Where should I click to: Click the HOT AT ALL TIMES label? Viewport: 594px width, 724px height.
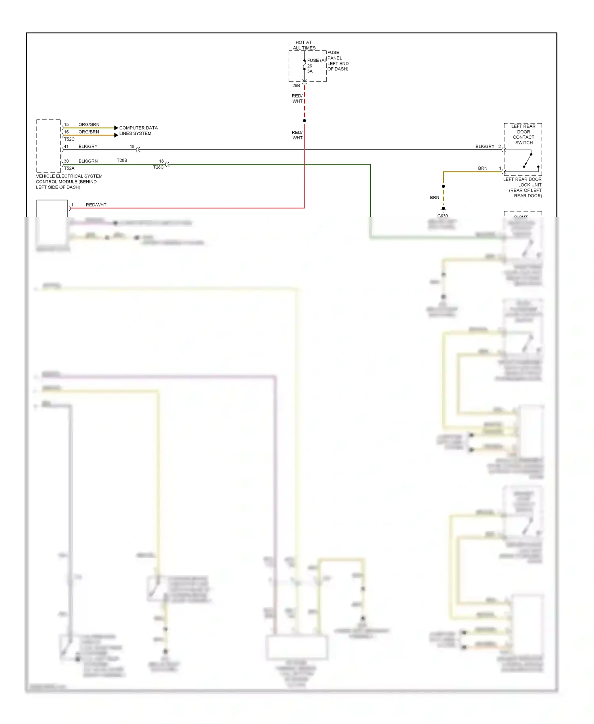(x=304, y=45)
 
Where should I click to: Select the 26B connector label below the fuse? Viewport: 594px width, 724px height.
(x=296, y=86)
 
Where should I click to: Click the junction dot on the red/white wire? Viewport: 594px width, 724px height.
(x=304, y=120)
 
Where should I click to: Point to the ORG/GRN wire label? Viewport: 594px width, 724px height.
(x=89, y=124)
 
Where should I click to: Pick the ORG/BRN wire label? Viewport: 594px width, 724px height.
(x=89, y=132)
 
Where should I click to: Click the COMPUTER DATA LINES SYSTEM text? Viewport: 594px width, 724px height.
(x=138, y=131)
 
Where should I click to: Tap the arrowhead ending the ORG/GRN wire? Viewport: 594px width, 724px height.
(x=116, y=128)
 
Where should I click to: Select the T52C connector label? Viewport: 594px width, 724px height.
(x=69, y=139)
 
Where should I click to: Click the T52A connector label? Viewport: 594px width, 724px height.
(x=69, y=168)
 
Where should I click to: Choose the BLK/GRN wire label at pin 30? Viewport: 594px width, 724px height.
(x=88, y=161)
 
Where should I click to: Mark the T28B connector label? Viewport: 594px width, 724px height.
(x=122, y=160)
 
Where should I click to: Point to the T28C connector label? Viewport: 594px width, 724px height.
(x=158, y=167)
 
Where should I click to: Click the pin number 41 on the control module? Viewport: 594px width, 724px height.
(x=66, y=147)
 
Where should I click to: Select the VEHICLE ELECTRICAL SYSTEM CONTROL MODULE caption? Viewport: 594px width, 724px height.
(x=69, y=182)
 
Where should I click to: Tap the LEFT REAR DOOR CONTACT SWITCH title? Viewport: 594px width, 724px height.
(x=523, y=134)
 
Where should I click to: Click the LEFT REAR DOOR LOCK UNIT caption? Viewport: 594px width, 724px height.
(x=523, y=187)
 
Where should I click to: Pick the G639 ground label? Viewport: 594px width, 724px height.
(x=442, y=216)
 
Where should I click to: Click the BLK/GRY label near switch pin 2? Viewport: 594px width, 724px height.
(x=485, y=147)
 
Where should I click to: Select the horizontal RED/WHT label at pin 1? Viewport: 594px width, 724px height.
(x=96, y=205)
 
